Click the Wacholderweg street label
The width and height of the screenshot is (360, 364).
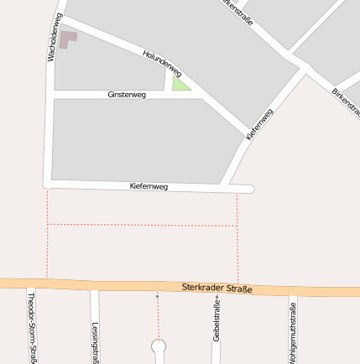(x=53, y=38)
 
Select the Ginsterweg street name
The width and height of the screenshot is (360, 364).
(x=127, y=95)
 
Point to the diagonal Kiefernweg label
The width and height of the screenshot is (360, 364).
(x=259, y=123)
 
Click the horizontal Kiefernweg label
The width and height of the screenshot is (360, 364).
(x=149, y=186)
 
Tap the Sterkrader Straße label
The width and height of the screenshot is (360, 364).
(x=217, y=289)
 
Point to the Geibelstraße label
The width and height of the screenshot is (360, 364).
(x=217, y=330)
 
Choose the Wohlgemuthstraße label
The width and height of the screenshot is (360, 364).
(x=292, y=330)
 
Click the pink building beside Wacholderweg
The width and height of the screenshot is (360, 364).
(x=66, y=39)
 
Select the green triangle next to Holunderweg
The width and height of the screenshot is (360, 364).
(x=179, y=83)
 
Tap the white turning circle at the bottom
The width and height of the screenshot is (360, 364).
(x=157, y=346)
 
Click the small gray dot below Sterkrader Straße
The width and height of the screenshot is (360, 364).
(x=157, y=296)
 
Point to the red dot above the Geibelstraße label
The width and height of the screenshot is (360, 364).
(x=217, y=296)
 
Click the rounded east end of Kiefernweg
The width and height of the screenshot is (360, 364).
(x=249, y=190)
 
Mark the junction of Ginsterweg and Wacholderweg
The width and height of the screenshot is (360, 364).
(x=54, y=95)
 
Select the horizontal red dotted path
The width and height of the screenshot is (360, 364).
(x=143, y=225)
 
